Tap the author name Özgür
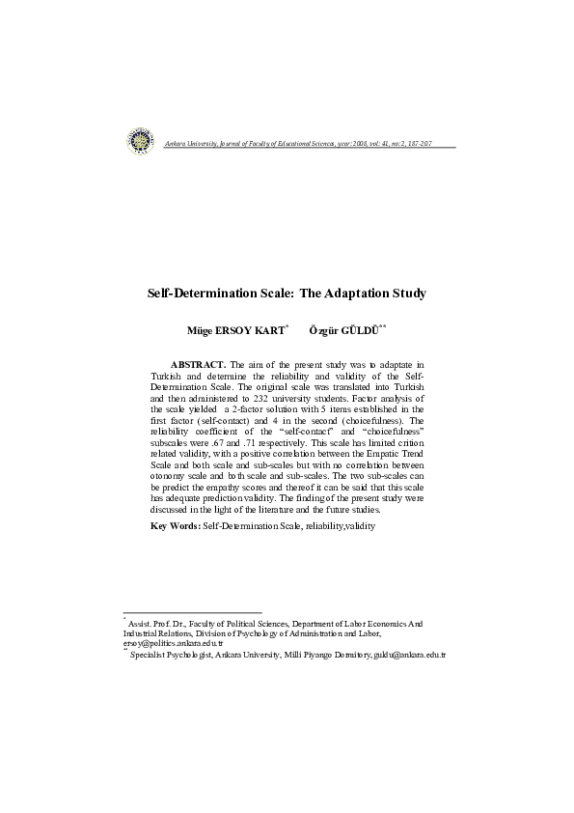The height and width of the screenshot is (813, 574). click(x=324, y=330)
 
